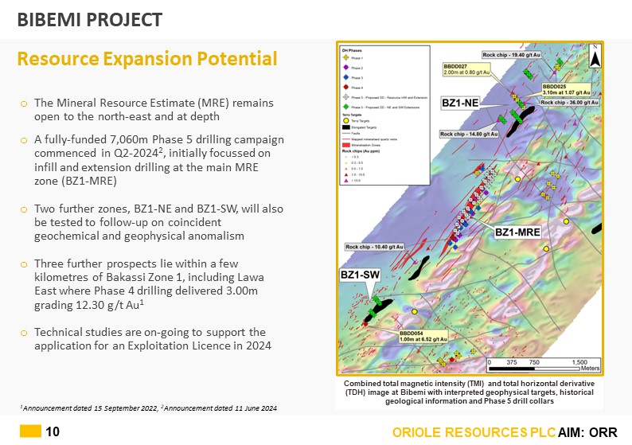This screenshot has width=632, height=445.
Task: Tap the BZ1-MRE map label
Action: tap(518, 232)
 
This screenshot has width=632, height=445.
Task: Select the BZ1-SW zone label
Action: tap(359, 275)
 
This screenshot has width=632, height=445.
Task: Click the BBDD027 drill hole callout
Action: tap(465, 70)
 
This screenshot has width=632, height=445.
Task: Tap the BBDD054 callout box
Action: tap(422, 337)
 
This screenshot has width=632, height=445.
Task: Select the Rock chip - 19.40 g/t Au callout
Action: tap(512, 54)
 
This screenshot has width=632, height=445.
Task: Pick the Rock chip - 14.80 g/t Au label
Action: tap(470, 135)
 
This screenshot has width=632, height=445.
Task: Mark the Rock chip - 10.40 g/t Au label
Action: tap(374, 247)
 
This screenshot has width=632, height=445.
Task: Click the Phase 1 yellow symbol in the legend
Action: tap(345, 59)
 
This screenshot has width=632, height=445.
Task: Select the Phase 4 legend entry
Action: tap(345, 87)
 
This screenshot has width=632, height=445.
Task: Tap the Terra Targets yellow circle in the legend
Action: tap(345, 119)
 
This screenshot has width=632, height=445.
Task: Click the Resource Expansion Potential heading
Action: tap(147, 59)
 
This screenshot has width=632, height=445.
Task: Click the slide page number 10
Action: tap(53, 431)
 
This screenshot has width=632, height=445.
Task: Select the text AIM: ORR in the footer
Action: tap(587, 431)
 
